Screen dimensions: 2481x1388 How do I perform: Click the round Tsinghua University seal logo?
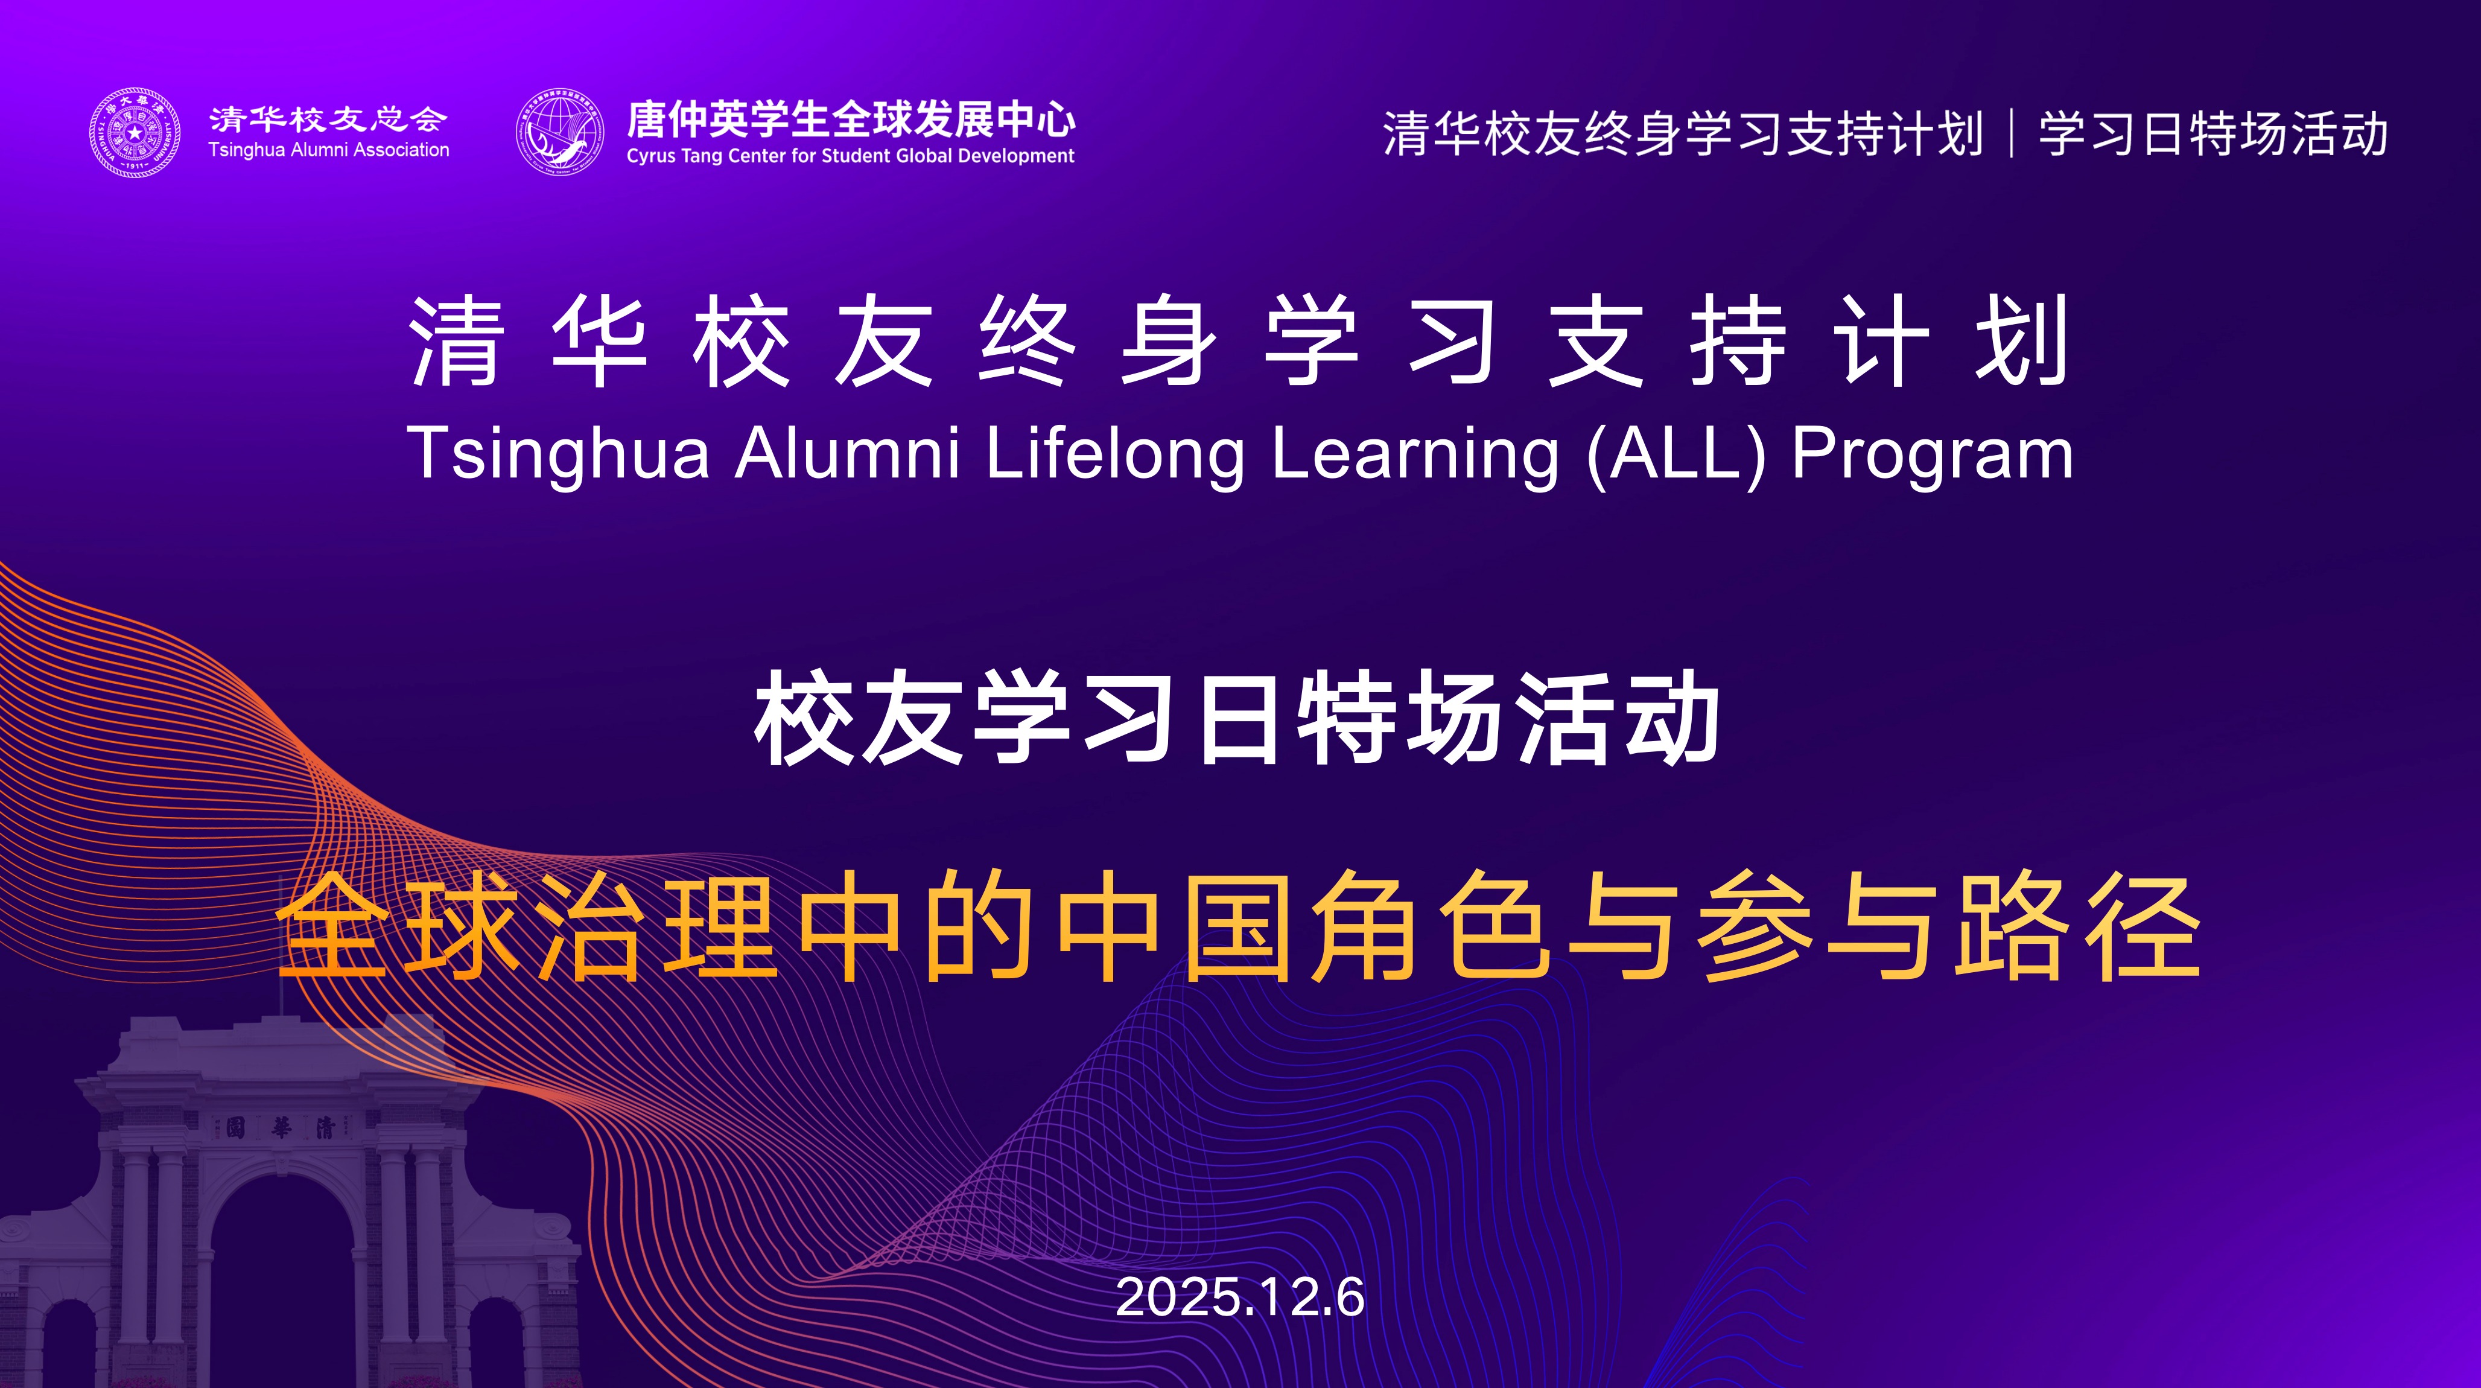click(135, 133)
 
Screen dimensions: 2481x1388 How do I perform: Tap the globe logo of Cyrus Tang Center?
click(561, 133)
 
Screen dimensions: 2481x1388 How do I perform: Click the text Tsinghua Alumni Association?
click(328, 150)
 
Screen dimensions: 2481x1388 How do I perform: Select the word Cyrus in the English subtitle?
click(650, 156)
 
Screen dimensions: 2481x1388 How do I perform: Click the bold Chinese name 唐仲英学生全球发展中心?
click(851, 119)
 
